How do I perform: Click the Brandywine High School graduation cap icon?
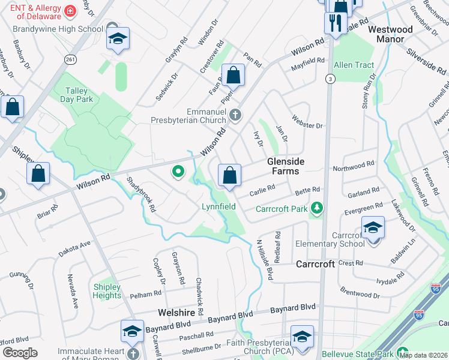tap(118, 39)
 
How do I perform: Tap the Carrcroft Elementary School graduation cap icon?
tap(373, 227)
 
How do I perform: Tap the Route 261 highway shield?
tap(71, 59)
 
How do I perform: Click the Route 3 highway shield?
tap(330, 79)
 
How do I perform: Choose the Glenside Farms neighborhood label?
tap(286, 166)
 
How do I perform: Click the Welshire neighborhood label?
tap(175, 312)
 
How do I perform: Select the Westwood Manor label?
tap(390, 34)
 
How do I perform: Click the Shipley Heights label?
tap(107, 291)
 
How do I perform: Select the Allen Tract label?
tap(354, 65)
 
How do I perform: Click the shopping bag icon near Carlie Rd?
tap(229, 176)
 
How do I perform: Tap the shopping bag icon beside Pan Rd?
tap(233, 76)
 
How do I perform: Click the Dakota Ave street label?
tap(74, 248)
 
